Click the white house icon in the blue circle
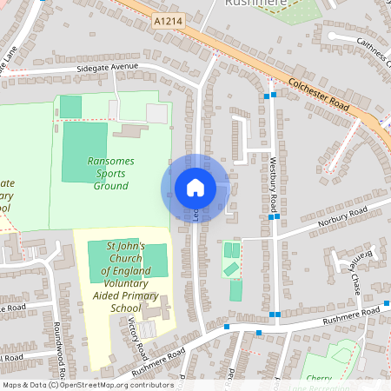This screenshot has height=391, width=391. click(195, 187)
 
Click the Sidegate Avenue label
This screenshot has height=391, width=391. click(107, 68)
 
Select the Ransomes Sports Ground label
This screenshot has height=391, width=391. click(110, 173)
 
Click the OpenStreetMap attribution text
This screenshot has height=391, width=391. click(87, 385)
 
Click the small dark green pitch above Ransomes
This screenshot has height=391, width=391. click(70, 106)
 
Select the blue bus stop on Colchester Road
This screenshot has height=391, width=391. click(273, 95)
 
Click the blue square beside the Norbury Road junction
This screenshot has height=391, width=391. click(273, 219)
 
